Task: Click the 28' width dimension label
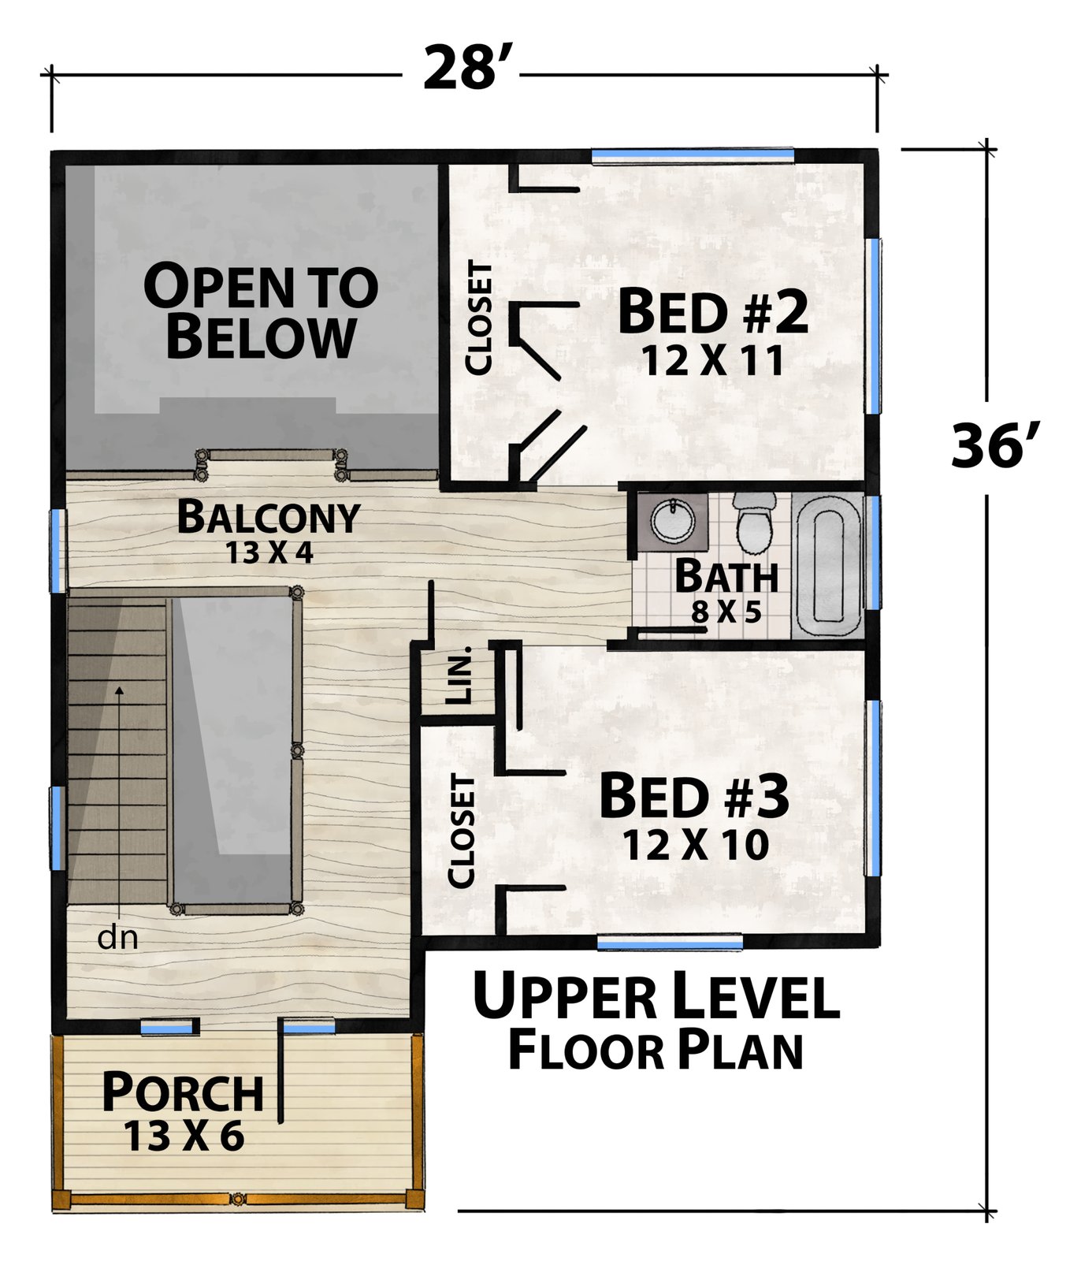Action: point(462,69)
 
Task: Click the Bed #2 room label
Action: point(713,312)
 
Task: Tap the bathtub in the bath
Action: point(827,565)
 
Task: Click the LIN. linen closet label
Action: point(458,676)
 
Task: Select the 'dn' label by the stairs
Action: point(118,938)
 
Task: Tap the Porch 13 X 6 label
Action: point(184,1110)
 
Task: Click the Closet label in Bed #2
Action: point(478,318)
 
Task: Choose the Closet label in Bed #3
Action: point(462,831)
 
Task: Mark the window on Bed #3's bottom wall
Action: point(670,941)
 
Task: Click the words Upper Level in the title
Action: point(656,997)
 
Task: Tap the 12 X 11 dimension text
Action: point(713,362)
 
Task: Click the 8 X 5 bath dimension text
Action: point(726,612)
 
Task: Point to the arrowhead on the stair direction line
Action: point(120,691)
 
